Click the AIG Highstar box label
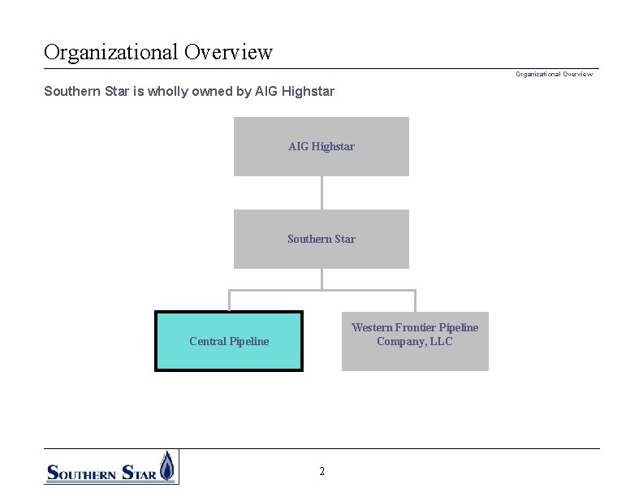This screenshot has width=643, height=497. pyautogui.click(x=321, y=147)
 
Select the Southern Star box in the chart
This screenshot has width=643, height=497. pyautogui.click(x=321, y=239)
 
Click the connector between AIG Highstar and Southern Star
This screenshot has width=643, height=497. pyautogui.click(x=321, y=192)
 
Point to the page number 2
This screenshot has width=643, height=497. pyautogui.click(x=321, y=472)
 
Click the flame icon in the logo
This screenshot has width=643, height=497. pyautogui.click(x=166, y=467)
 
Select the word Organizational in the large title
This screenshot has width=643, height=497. pyautogui.click(x=111, y=53)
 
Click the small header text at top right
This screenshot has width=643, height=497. pyautogui.click(x=554, y=75)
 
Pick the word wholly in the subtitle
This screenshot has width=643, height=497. pyautogui.click(x=166, y=92)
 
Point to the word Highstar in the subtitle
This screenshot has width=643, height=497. pyautogui.click(x=307, y=92)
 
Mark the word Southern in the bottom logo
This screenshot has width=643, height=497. pyautogui.click(x=81, y=472)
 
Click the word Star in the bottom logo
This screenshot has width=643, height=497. pyautogui.click(x=138, y=472)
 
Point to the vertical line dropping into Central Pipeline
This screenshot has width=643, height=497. pyautogui.click(x=229, y=300)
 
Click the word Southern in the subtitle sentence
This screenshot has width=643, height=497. pyautogui.click(x=71, y=92)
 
